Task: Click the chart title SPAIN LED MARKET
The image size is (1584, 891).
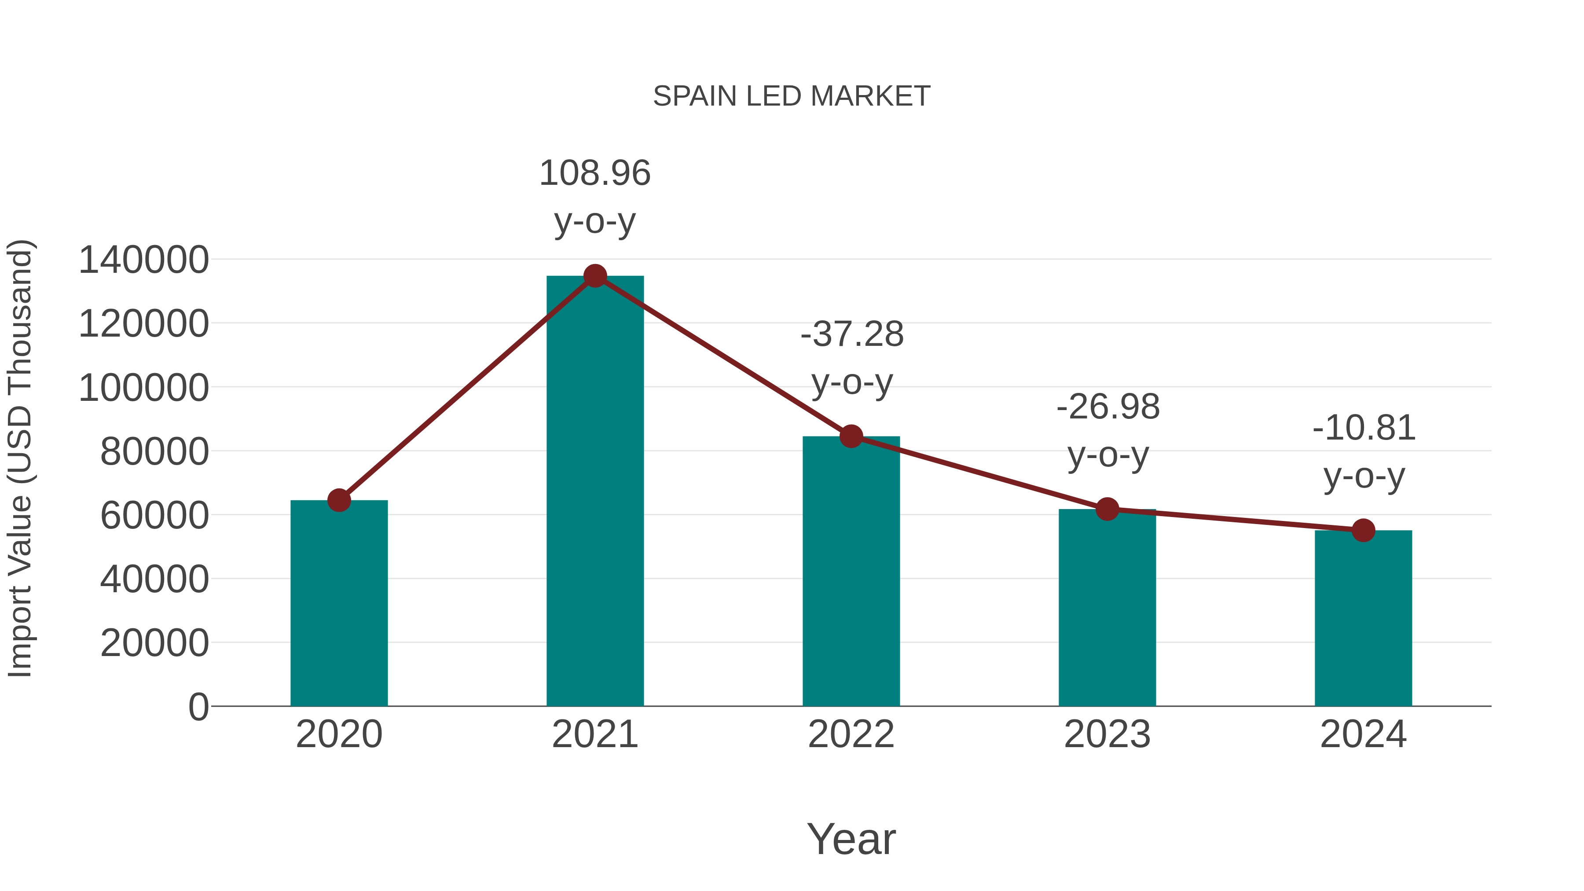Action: [792, 96]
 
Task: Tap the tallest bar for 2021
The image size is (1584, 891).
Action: [594, 492]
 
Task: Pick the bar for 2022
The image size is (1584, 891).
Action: [851, 572]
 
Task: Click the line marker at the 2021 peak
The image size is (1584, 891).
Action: [594, 276]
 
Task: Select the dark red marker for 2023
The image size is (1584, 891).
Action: [1107, 509]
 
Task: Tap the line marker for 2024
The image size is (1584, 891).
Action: [1363, 530]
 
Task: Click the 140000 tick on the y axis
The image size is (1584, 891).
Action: [143, 260]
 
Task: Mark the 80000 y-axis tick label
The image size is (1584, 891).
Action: [154, 451]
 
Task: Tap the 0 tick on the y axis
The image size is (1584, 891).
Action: [198, 707]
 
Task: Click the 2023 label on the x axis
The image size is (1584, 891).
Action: [1107, 734]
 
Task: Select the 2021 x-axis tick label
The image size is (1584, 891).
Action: [594, 734]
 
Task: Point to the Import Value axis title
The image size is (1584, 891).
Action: [20, 458]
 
